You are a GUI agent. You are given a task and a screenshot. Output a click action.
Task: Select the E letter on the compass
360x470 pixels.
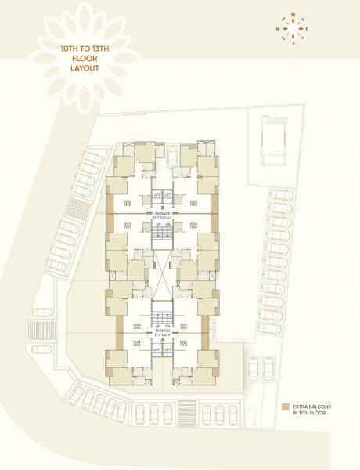tap(308, 30)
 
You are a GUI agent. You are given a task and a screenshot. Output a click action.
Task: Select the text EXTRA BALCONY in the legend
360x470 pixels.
tap(314, 407)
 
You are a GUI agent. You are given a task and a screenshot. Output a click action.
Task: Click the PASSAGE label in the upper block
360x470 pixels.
tap(162, 212)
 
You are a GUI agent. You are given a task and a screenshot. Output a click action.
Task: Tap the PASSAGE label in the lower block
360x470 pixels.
tap(162, 331)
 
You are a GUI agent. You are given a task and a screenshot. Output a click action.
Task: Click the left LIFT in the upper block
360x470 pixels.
tap(157, 193)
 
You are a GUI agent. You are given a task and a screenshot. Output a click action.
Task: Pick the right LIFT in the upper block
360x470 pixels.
tap(168, 193)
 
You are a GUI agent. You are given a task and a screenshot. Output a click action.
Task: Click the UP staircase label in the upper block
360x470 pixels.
tap(157, 222)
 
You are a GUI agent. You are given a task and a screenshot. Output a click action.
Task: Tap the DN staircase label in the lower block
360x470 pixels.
tap(168, 325)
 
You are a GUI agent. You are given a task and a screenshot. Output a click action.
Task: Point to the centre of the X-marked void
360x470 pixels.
tap(162, 273)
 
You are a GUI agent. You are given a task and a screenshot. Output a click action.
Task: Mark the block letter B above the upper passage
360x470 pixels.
tap(162, 208)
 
